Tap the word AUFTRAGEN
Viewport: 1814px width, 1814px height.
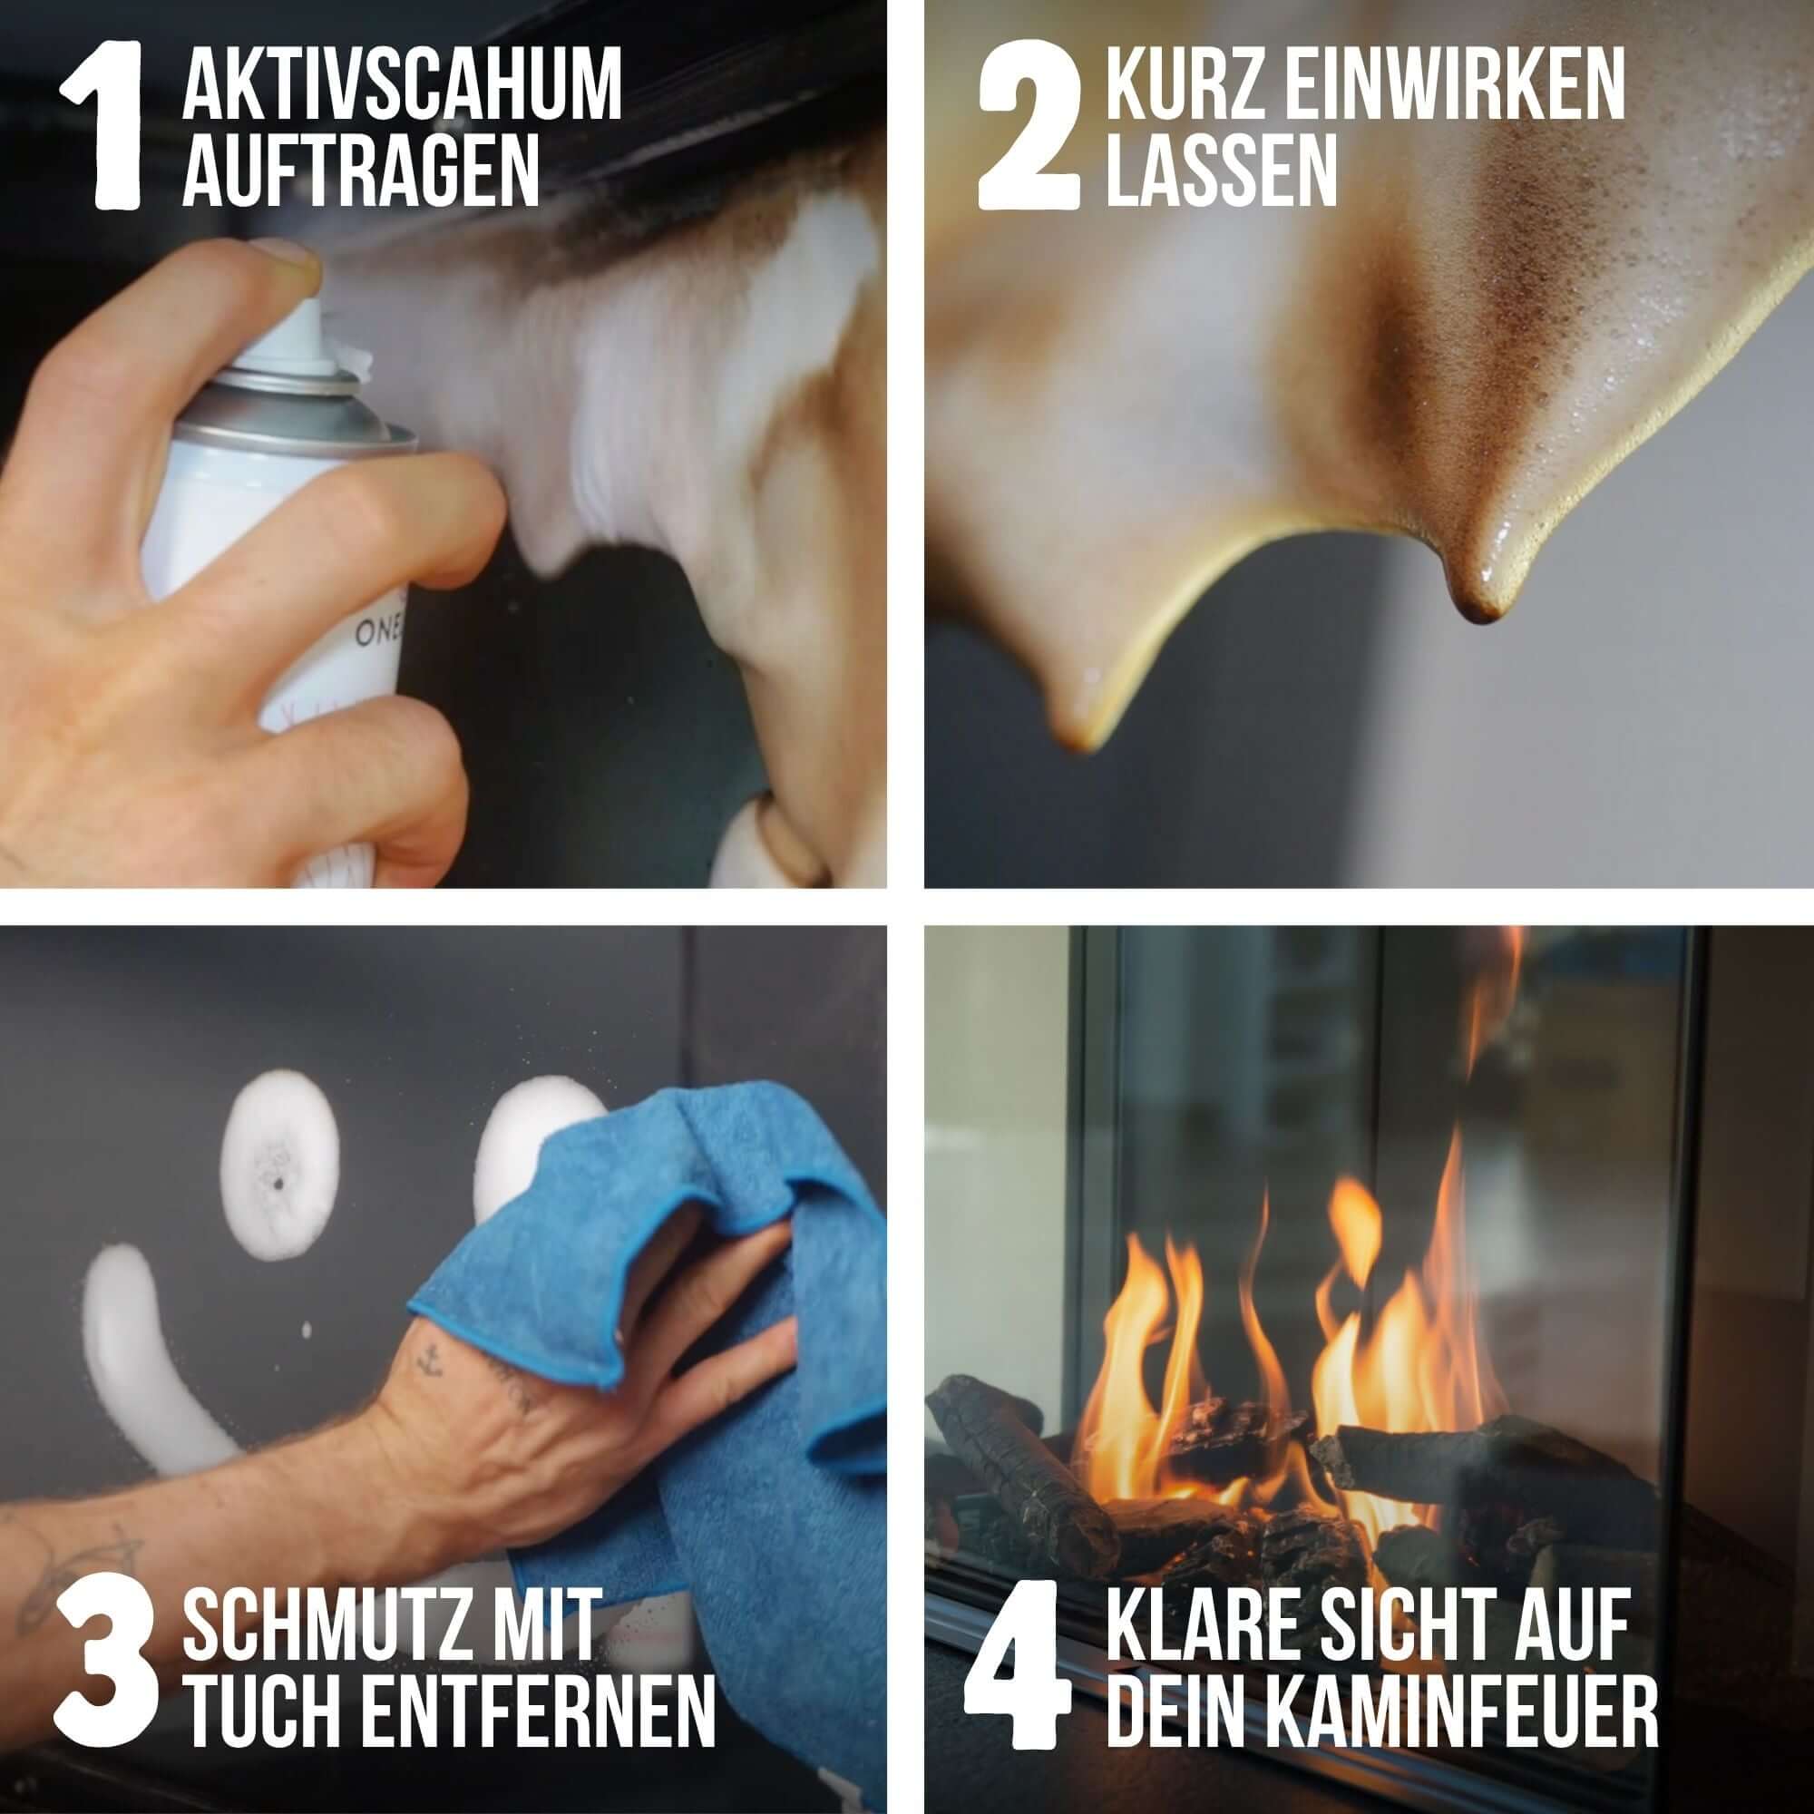point(361,170)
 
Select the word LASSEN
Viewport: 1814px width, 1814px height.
point(1222,170)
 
